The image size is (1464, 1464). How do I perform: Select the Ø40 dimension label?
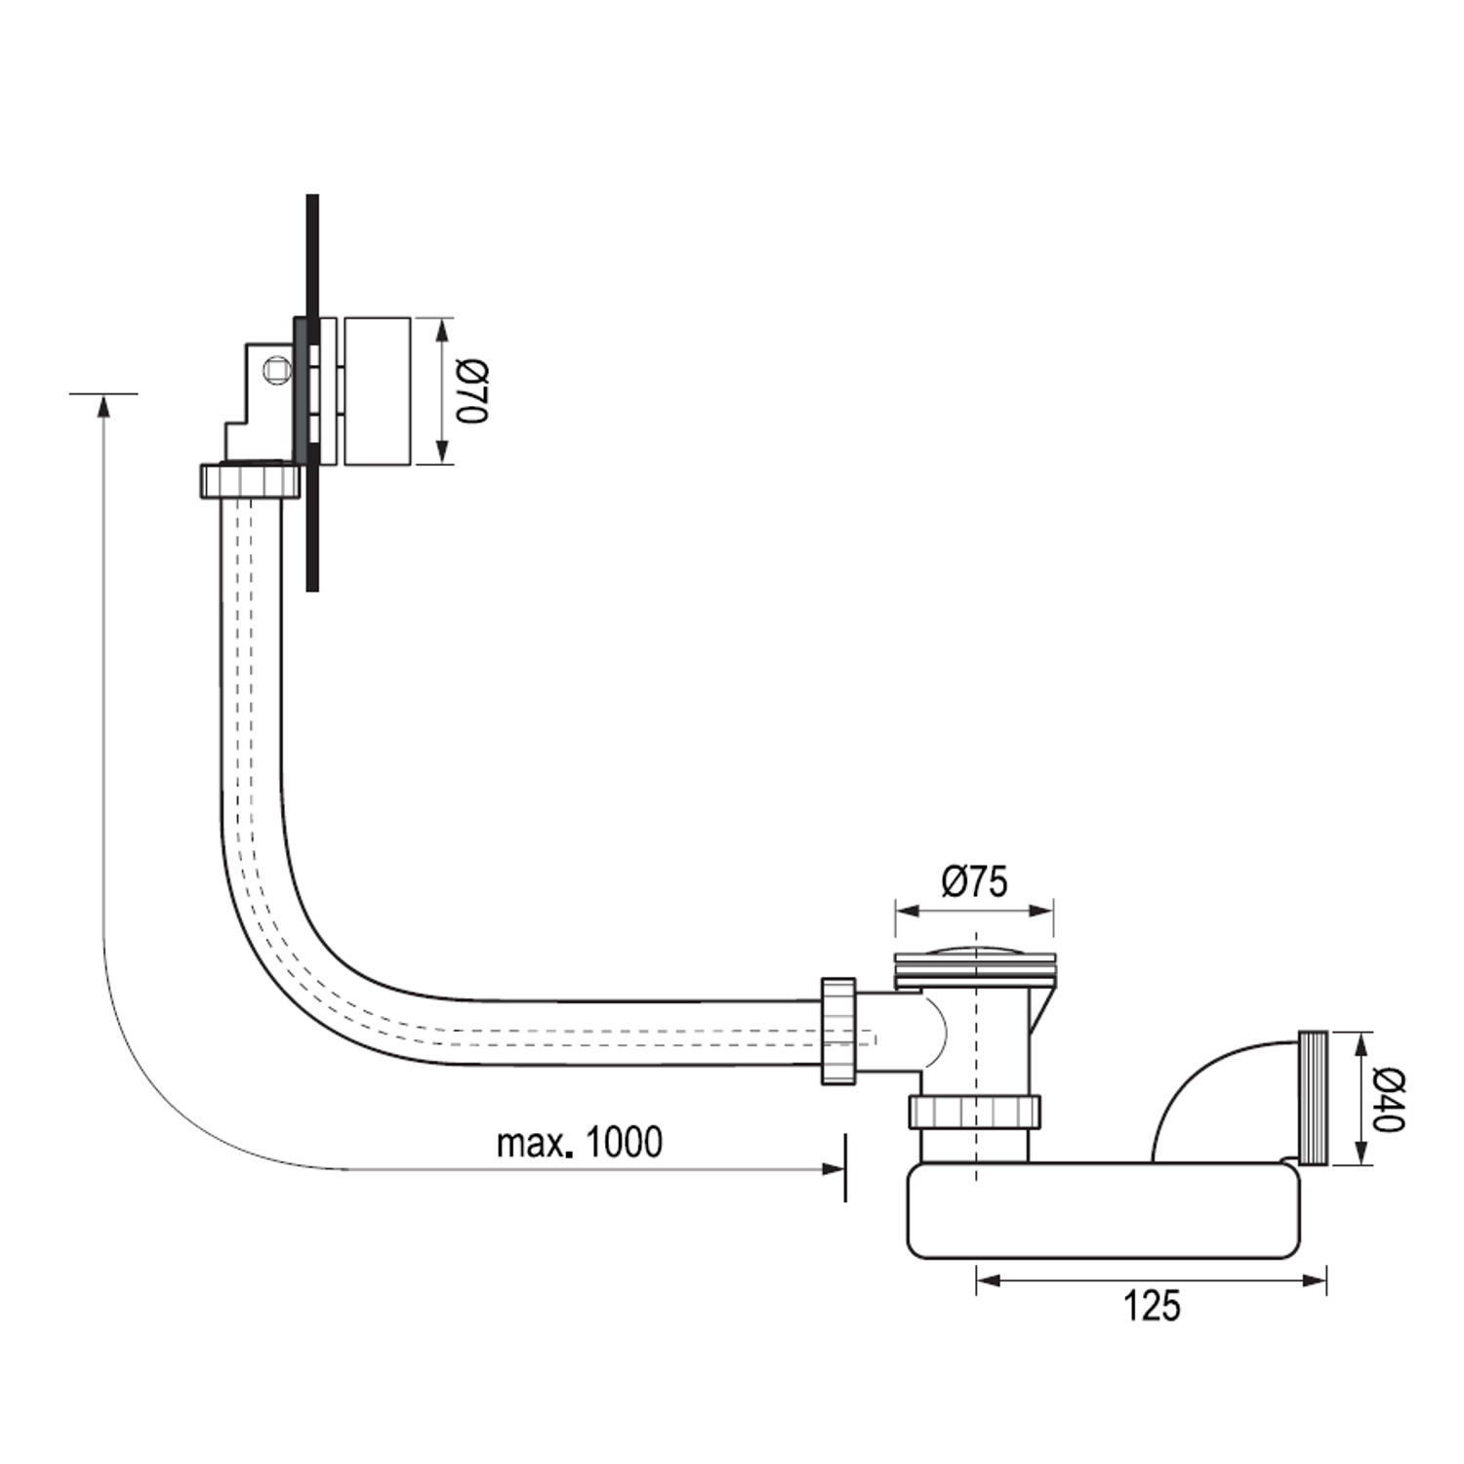(x=1390, y=1099)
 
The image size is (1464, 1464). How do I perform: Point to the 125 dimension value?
(x=1152, y=1305)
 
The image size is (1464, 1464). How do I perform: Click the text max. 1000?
(x=580, y=1141)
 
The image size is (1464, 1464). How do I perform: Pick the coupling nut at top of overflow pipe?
(x=251, y=481)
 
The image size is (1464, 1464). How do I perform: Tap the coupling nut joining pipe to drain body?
(x=837, y=1032)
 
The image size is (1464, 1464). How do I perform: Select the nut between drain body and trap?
(x=975, y=1112)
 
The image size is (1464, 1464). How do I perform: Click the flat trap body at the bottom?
(x=1105, y=1210)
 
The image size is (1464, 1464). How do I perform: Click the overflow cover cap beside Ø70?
(x=377, y=390)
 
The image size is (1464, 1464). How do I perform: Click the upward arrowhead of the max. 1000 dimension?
(x=103, y=404)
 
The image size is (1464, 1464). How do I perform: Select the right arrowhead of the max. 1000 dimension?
(x=833, y=1168)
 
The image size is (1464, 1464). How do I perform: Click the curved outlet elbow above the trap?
(x=1225, y=1093)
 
